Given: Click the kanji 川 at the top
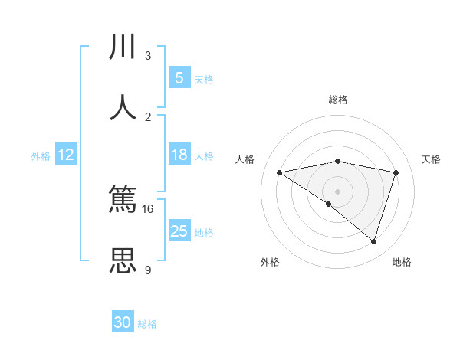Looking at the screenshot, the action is [123, 47].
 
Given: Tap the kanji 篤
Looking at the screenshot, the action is [123, 201].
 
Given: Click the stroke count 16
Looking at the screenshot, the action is [148, 208].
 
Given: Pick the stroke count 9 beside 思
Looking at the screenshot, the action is [148, 270].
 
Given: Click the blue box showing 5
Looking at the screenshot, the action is [179, 78].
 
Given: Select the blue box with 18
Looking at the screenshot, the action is [179, 155].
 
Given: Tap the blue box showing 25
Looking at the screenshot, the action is [179, 231].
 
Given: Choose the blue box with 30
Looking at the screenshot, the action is [123, 322].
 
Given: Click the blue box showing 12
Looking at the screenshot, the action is [66, 155].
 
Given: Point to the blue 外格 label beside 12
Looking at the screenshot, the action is [41, 155].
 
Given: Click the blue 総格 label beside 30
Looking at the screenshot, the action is [147, 324].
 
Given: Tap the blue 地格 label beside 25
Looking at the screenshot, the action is [204, 232].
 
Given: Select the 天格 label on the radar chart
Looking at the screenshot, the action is [431, 159].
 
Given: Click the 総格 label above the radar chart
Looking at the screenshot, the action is [338, 100].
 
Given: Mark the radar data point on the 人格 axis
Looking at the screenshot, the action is [280, 172].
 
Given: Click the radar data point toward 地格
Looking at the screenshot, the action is [373, 241].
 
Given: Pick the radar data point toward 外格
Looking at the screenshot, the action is [329, 204].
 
